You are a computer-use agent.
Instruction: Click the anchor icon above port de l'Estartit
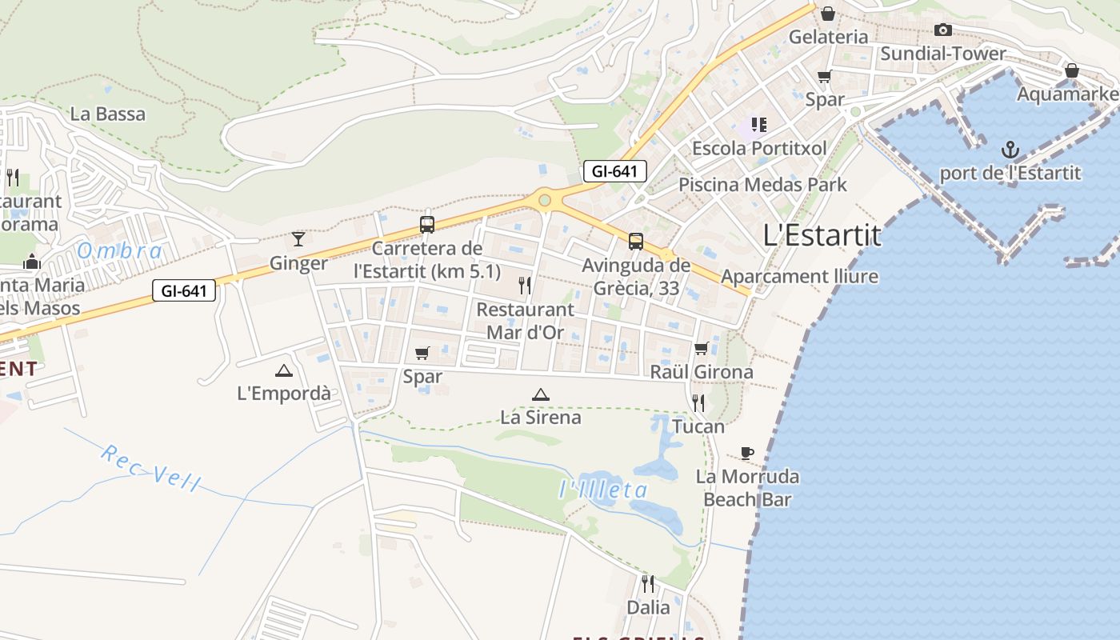(1010, 149)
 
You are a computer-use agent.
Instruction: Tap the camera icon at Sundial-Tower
(943, 30)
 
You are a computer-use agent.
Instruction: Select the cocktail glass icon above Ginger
(298, 238)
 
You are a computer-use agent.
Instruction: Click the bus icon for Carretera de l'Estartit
(427, 225)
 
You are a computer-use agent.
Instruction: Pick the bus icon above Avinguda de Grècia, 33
(636, 241)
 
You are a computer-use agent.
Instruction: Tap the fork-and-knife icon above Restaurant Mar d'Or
(525, 285)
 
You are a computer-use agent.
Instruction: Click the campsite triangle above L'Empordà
(283, 370)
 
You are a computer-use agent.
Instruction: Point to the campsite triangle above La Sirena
(541, 394)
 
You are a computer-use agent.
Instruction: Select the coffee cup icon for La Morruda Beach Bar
(746, 454)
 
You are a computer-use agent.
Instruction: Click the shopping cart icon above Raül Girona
(702, 348)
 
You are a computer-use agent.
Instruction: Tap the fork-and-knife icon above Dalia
(648, 584)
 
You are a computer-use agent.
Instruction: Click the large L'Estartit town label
(822, 235)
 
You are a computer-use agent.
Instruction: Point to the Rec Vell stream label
(150, 468)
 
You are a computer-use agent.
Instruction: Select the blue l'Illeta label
(603, 490)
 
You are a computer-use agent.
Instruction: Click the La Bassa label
(108, 114)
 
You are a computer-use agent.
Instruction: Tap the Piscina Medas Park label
(762, 185)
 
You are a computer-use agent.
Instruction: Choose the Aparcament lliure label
(799, 277)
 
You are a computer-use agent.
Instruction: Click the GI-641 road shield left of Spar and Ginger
(185, 290)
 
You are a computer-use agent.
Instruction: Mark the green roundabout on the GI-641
(546, 199)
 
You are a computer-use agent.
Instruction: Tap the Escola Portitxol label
(759, 148)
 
